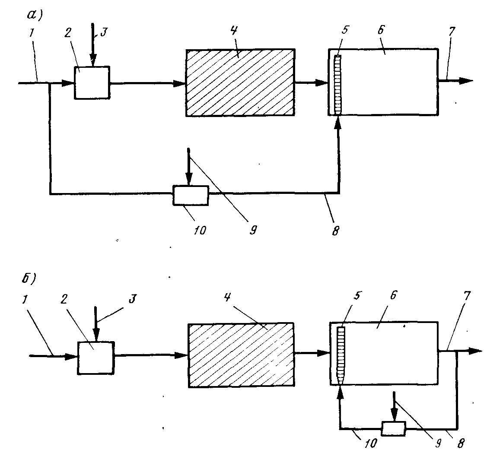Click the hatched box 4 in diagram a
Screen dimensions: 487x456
pos(240,82)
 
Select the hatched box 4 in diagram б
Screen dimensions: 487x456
pos(241,355)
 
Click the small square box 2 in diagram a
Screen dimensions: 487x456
pos(92,82)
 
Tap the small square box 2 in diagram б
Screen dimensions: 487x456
pos(96,358)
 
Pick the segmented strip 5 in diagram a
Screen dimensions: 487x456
pos(338,85)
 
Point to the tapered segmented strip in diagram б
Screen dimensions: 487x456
pos(341,356)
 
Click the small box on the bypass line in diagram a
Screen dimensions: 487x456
pos(191,195)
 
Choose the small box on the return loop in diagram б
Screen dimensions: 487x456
pos(394,429)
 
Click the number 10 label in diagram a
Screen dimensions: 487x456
pos(200,230)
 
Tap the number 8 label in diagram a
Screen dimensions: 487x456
pos(335,231)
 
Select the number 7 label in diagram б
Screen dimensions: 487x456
pos(467,296)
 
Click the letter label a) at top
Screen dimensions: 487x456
pos(35,15)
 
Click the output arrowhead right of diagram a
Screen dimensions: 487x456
pos(466,81)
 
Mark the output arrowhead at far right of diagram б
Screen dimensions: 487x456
pos(475,351)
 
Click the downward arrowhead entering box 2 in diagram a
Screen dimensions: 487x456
pos(93,60)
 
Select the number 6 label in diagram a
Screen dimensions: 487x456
pos(381,29)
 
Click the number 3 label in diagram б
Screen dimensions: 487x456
pos(133,299)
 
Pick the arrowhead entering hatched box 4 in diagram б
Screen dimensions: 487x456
pos(181,355)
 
